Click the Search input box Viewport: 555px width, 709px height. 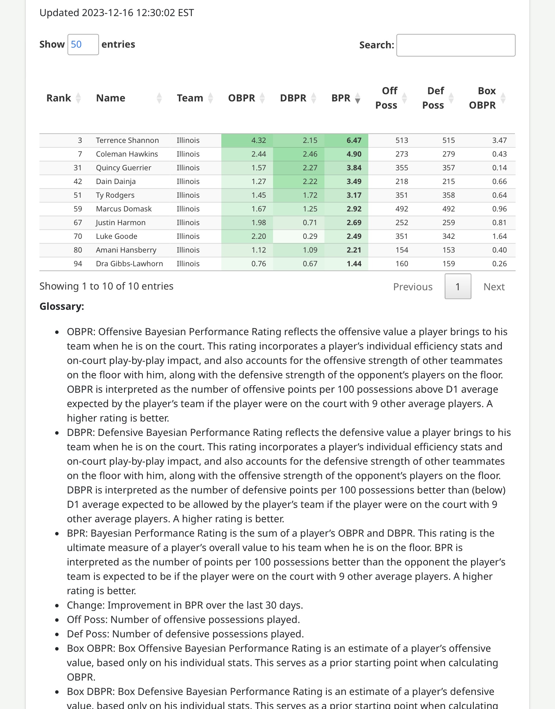tap(456, 45)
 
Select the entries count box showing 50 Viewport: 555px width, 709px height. tap(83, 45)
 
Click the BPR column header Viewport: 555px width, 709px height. tap(341, 98)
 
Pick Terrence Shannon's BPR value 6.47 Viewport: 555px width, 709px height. tap(354, 140)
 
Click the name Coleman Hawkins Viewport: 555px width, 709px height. tap(127, 154)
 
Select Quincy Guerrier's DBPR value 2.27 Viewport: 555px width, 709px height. tap(310, 168)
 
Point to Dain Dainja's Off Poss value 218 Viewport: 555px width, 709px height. tap(402, 182)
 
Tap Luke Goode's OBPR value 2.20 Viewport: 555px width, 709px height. tap(259, 236)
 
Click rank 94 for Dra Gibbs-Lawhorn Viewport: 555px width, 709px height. tap(78, 264)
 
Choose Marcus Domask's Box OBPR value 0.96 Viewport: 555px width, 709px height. tap(499, 209)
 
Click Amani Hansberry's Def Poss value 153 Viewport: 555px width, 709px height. tap(448, 250)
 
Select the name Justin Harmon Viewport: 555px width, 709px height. tap(121, 223)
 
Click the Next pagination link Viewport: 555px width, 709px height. tap(494, 287)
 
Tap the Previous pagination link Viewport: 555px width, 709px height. tap(413, 287)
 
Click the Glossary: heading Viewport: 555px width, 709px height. tap(62, 306)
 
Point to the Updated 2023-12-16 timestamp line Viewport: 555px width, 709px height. tap(116, 13)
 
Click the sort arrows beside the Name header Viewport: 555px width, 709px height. tap(159, 98)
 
